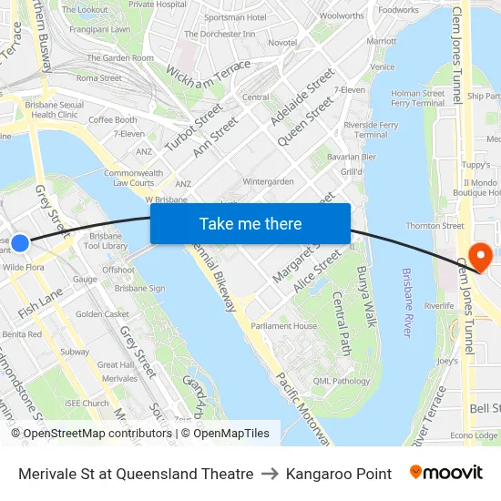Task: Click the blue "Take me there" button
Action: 250,224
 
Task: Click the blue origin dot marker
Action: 20,243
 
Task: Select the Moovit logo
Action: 445,473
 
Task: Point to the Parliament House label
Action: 284,326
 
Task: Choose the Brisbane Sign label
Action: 139,288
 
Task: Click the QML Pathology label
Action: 341,382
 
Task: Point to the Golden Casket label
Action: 102,314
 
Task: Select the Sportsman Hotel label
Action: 235,17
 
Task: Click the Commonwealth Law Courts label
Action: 134,178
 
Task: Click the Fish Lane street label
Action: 39,302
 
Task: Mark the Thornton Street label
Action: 435,226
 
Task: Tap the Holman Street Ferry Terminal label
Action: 417,97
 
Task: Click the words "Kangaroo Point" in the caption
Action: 338,474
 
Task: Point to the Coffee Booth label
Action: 113,119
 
